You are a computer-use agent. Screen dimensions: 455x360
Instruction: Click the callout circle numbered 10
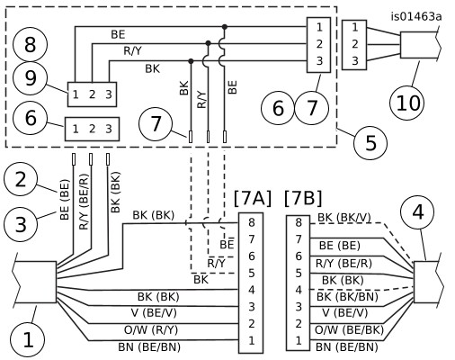coord(406,103)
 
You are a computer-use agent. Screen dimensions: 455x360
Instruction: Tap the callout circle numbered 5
coord(370,143)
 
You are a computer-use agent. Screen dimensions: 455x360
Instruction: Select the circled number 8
coord(30,45)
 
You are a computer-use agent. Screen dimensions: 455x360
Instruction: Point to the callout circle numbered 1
coord(28,340)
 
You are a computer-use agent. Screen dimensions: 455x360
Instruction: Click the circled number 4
coord(418,212)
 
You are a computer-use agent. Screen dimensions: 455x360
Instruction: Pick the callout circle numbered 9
coord(30,78)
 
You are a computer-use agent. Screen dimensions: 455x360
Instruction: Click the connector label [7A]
coord(253,198)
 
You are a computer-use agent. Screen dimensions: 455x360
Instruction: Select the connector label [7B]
coord(303,198)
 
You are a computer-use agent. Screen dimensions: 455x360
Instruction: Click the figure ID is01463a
coord(416,16)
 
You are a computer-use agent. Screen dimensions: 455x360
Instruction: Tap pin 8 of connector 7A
coord(251,222)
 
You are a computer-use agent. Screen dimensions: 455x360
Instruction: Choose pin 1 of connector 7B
coord(299,341)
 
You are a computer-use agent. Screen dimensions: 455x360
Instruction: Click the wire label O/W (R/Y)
coord(151,330)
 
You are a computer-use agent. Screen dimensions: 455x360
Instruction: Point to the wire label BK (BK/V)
coord(344,218)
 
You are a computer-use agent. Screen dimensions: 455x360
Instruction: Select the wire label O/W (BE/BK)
coord(349,330)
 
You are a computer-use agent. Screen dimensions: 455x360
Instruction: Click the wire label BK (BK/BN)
coord(347,297)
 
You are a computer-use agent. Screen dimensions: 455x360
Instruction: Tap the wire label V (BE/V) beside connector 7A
coord(154,313)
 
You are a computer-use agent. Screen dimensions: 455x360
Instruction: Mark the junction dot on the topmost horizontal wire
coord(225,27)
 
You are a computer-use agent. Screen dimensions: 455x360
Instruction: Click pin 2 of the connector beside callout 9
coord(92,94)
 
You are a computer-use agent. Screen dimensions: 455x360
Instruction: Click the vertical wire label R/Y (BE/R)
coord(85,202)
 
